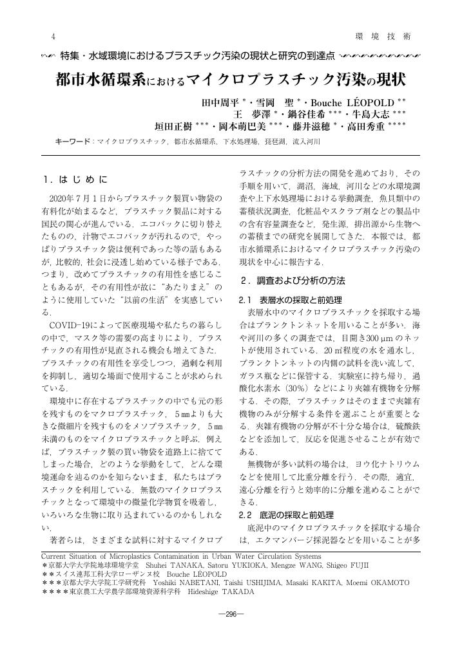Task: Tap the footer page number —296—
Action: (231, 614)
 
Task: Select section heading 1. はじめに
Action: (75, 178)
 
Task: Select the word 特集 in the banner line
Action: (69, 56)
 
